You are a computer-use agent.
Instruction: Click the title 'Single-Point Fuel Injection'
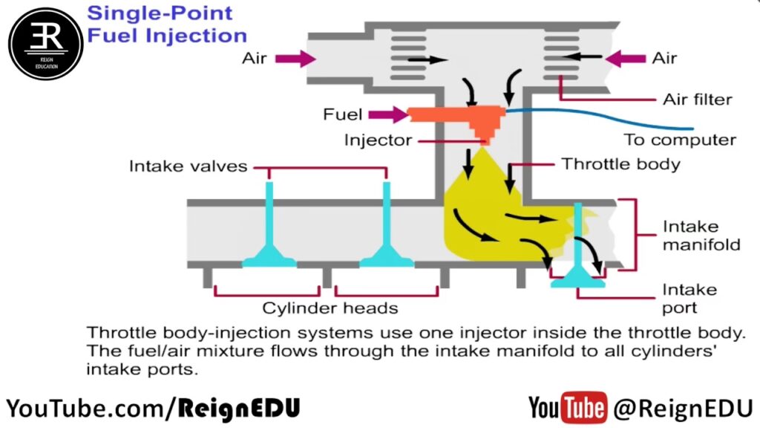click(x=166, y=24)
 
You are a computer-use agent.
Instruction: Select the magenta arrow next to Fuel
click(x=387, y=114)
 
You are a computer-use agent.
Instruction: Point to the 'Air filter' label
click(x=698, y=99)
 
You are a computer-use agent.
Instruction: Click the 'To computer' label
click(x=680, y=140)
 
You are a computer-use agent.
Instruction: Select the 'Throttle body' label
click(x=620, y=163)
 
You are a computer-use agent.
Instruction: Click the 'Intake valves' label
click(x=189, y=166)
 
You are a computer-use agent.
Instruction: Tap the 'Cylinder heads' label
click(x=330, y=308)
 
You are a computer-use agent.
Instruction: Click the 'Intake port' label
click(x=680, y=298)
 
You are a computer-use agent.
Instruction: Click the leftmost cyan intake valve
click(x=269, y=230)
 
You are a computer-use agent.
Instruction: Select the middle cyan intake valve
click(x=386, y=230)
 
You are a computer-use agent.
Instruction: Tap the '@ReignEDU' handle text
click(x=683, y=407)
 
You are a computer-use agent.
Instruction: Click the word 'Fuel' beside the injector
click(x=343, y=114)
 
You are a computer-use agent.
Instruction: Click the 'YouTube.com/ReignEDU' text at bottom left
click(x=153, y=407)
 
